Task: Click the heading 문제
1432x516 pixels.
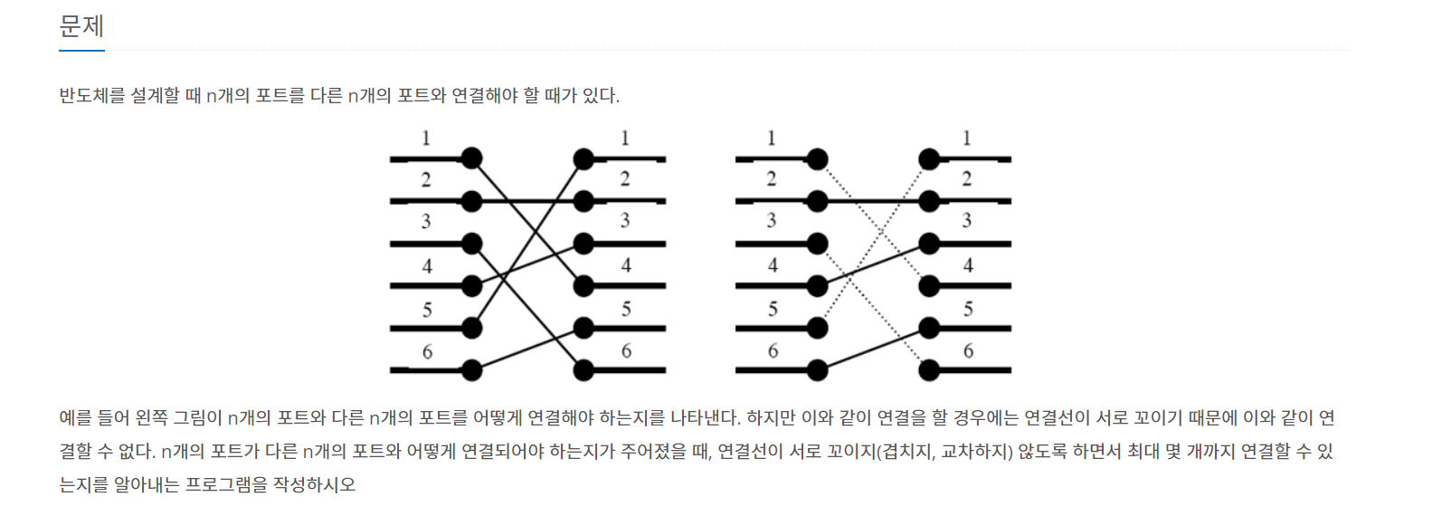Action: (x=81, y=26)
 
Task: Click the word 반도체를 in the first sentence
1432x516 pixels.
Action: (x=92, y=95)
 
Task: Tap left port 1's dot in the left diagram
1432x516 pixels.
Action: (x=471, y=158)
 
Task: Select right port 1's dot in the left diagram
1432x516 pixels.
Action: (x=584, y=159)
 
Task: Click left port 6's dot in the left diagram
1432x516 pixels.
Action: (x=471, y=369)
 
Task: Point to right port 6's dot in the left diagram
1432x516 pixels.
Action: (x=584, y=369)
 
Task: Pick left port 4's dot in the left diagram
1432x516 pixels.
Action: (x=471, y=285)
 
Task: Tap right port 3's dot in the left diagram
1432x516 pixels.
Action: (x=584, y=244)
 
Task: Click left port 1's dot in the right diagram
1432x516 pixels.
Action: (x=817, y=158)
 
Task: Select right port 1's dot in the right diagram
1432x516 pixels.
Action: (x=929, y=159)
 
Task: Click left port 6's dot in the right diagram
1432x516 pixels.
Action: (x=817, y=369)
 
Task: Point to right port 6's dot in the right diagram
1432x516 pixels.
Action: (x=929, y=369)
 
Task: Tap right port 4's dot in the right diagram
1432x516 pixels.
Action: (x=929, y=285)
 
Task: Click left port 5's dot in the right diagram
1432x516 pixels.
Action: (x=817, y=327)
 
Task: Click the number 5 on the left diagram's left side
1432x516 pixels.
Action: (x=427, y=310)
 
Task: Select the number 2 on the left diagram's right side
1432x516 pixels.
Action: (x=625, y=178)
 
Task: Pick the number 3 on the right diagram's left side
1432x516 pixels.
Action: (x=772, y=220)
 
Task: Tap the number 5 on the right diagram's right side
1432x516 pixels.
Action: (x=968, y=309)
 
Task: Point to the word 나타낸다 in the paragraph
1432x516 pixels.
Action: (x=706, y=417)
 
